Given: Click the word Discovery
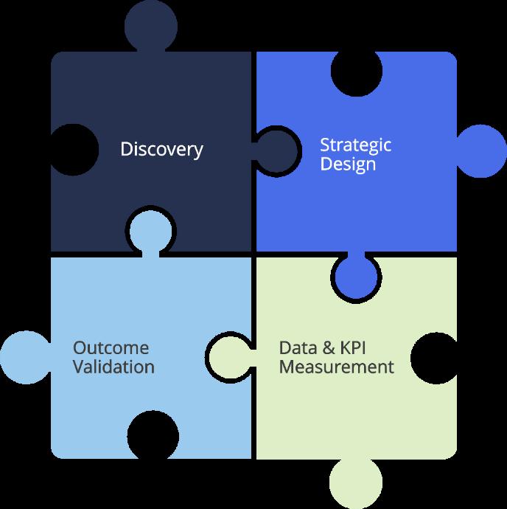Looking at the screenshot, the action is click(x=161, y=150).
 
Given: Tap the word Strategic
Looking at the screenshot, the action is click(x=356, y=145).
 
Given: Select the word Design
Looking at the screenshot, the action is click(x=348, y=164).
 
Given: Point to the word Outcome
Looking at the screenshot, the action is click(x=111, y=347).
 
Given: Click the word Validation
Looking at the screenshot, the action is click(x=113, y=367).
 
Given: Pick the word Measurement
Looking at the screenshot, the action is click(x=336, y=367).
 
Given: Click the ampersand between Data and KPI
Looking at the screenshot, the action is click(x=332, y=347).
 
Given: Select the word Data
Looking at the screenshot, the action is click(x=298, y=347).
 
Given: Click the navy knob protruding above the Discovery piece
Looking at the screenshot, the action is click(x=151, y=27).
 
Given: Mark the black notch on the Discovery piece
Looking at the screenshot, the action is click(x=74, y=150).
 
